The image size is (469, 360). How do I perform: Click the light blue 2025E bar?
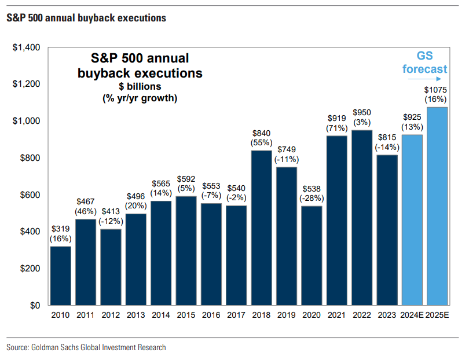click(x=437, y=206)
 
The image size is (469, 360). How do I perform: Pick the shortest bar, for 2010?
click(x=61, y=275)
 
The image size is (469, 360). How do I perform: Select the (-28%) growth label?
click(x=312, y=197)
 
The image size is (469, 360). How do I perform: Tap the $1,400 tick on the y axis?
click(x=26, y=47)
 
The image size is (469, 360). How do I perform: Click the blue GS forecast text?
click(x=425, y=63)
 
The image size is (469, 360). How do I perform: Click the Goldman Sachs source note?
click(x=86, y=347)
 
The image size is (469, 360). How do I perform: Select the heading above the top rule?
click(x=86, y=18)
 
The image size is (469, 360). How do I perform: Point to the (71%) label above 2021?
click(x=336, y=127)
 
